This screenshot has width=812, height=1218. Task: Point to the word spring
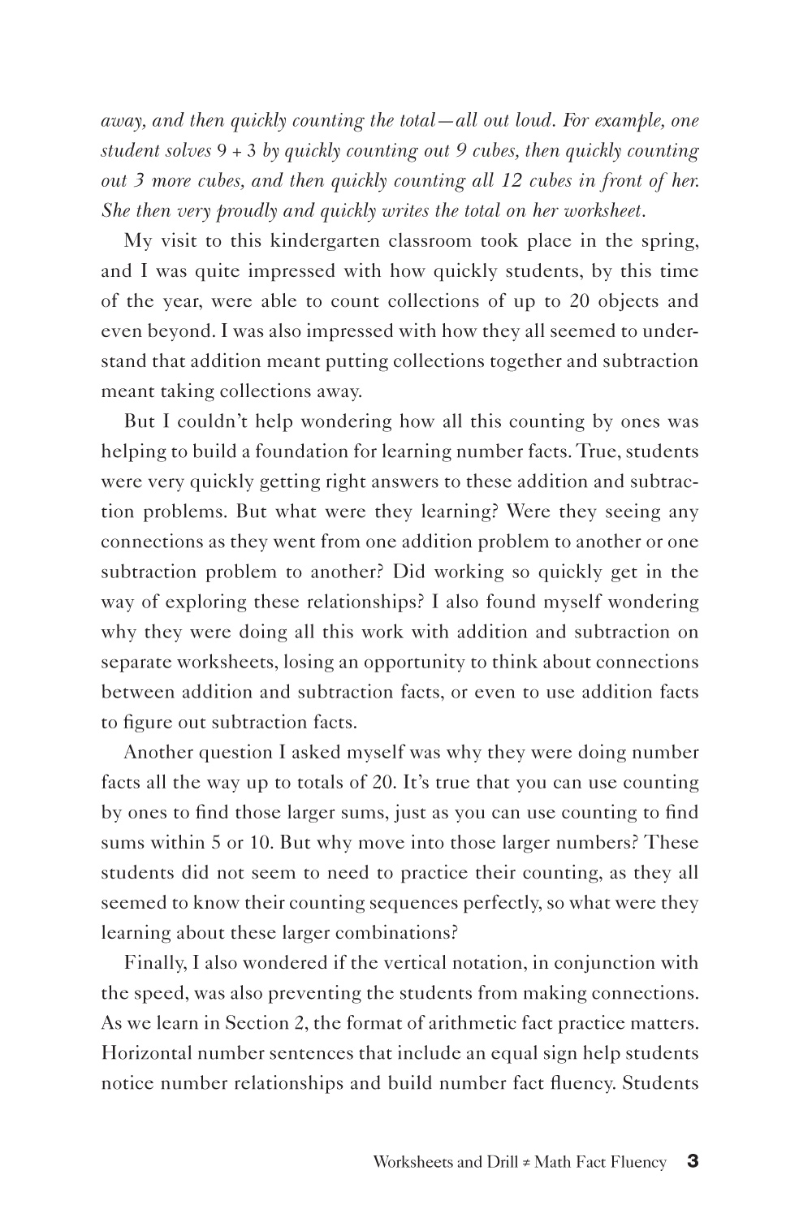click(x=669, y=241)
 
